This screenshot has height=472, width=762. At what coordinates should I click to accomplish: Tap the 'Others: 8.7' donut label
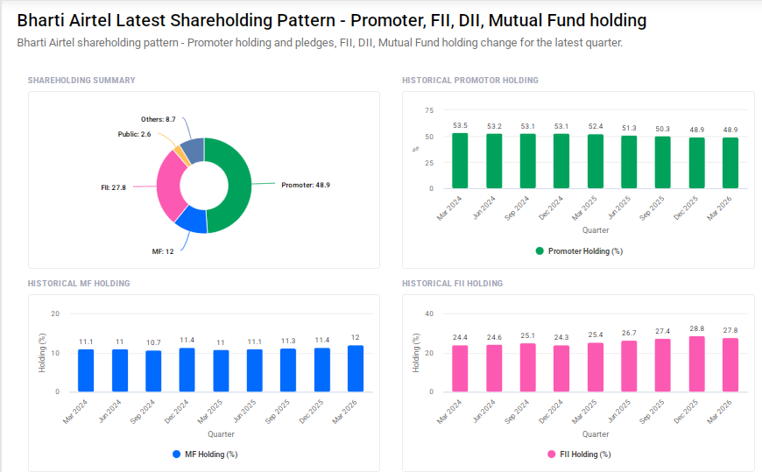tap(159, 119)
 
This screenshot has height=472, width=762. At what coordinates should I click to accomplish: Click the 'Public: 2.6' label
tap(134, 134)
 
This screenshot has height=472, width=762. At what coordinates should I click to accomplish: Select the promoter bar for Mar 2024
tap(460, 160)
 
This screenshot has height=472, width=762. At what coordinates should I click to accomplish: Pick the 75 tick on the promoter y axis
tap(428, 110)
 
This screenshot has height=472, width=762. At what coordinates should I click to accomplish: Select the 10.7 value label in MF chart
tap(153, 342)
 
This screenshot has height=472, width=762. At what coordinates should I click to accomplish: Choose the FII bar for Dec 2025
tap(696, 364)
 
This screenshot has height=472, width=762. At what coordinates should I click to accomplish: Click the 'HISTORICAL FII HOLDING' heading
tap(452, 284)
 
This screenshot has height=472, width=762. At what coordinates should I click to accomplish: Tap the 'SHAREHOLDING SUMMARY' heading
tap(81, 81)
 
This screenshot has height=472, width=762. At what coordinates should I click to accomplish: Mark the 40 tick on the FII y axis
tap(428, 313)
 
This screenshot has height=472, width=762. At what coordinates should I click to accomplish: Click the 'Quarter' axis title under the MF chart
tap(221, 434)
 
